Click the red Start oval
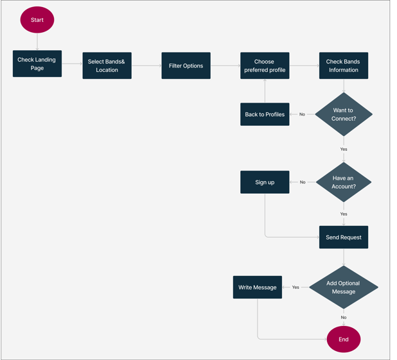[37, 20]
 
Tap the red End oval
[344, 339]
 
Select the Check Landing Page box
[37, 64]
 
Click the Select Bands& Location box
[107, 65]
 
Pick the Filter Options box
[186, 65]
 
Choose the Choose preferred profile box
[265, 65]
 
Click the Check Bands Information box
[344, 65]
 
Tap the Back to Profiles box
[265, 114]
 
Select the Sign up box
[265, 182]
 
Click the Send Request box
[344, 237]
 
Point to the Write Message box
[258, 287]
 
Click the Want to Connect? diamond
[344, 114]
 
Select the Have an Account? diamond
[344, 182]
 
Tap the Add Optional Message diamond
[344, 287]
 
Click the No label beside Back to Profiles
[302, 114]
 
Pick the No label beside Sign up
[303, 182]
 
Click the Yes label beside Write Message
[296, 287]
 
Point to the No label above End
[344, 317]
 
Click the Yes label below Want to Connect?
[344, 149]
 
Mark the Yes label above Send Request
[344, 214]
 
